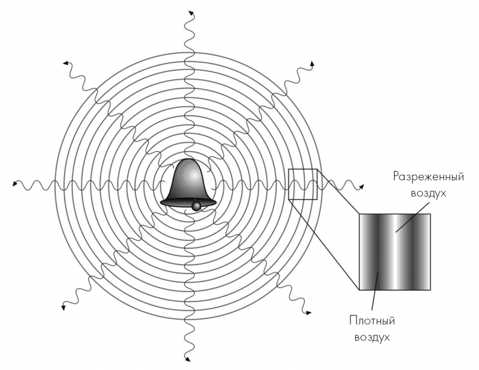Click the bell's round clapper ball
pos(196,206)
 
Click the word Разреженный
pos(429,177)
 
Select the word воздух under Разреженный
pos(429,193)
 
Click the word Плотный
pos(372,321)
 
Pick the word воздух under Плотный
pos(372,338)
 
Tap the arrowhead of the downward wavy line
pos(187,358)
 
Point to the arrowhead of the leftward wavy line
pos(15,183)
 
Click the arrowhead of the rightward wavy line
pos(361,186)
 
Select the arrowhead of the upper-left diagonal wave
pos(65,63)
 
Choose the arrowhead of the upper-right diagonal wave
pos(312,64)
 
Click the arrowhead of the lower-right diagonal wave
pos(309,312)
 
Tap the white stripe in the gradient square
pos(396,252)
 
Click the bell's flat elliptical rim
pos(188,202)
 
